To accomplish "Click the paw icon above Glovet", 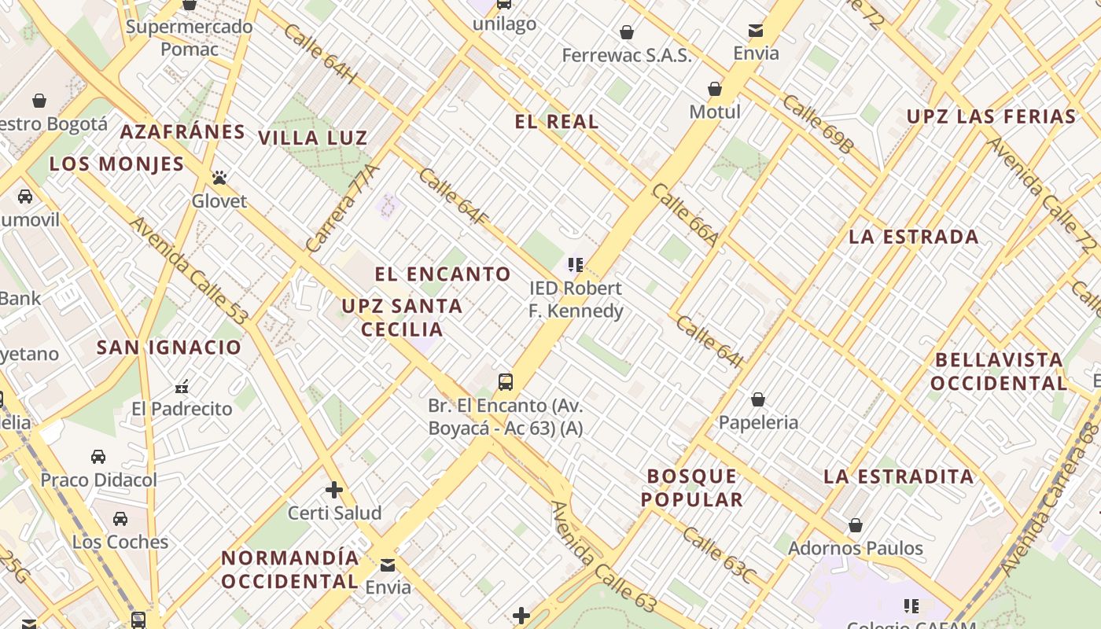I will click(219, 178).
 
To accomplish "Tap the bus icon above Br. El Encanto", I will click(506, 383).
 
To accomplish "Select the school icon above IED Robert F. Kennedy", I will click(576, 265).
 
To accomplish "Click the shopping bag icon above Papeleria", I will click(758, 399).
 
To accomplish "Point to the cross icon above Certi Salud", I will click(334, 490).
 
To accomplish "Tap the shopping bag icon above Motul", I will click(715, 89).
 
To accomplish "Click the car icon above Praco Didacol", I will click(98, 457).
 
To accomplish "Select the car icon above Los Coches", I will click(120, 519).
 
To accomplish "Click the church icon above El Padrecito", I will click(182, 386).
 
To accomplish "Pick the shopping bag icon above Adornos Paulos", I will click(856, 525).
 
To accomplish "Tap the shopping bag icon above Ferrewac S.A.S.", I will click(627, 32).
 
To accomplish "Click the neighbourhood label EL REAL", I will click(557, 122).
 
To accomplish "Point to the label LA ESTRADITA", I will click(899, 476).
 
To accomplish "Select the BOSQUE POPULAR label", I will click(692, 487).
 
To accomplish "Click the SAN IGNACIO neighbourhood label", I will click(169, 348).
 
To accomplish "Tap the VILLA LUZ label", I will click(313, 138).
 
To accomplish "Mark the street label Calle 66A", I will click(685, 215).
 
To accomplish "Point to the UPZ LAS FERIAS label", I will click(991, 117).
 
